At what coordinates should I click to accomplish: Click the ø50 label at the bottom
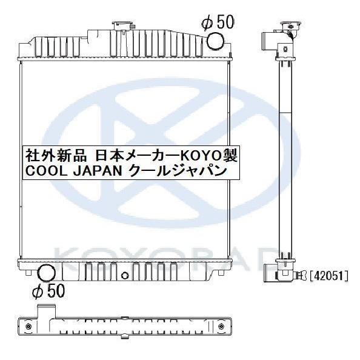click(x=48, y=292)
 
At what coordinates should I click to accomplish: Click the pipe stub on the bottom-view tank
click(x=44, y=311)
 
